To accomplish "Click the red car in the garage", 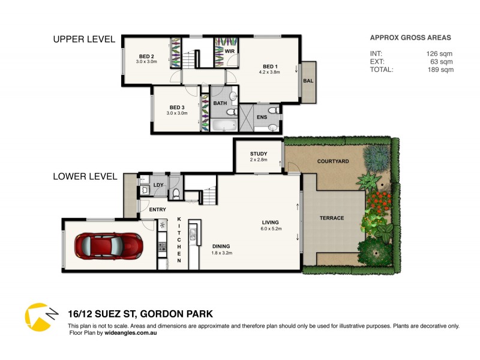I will (x=108, y=244).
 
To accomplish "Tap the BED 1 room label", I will (x=270, y=66).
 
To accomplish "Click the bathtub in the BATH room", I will (x=224, y=125).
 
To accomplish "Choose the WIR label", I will (x=229, y=52).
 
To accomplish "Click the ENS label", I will (x=262, y=117).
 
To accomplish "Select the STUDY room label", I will (x=259, y=154).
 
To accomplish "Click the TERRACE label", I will (x=331, y=218).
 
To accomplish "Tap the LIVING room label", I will (x=270, y=222).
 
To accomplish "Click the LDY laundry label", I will (x=158, y=185).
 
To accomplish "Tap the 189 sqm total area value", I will (x=439, y=70).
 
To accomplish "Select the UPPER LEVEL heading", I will (x=84, y=40).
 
